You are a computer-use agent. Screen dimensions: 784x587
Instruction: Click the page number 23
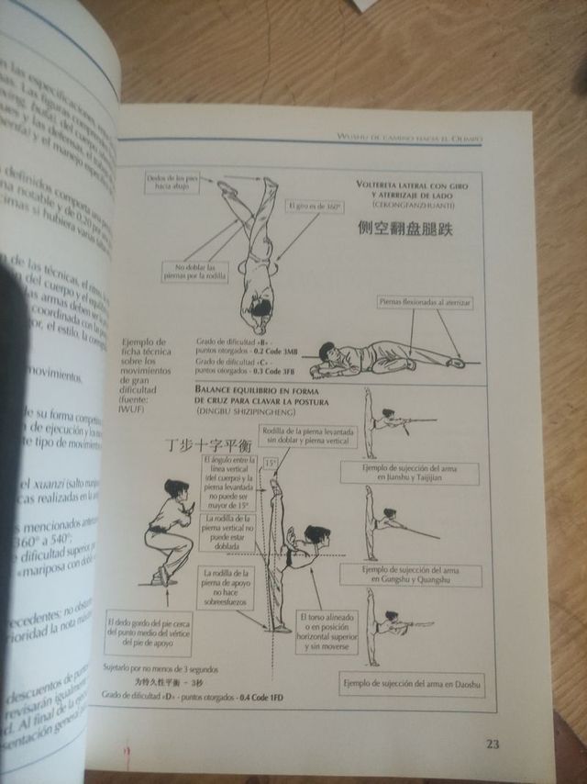(493, 744)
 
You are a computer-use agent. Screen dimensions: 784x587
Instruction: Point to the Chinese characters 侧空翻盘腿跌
(405, 230)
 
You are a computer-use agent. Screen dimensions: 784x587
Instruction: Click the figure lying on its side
(385, 358)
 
